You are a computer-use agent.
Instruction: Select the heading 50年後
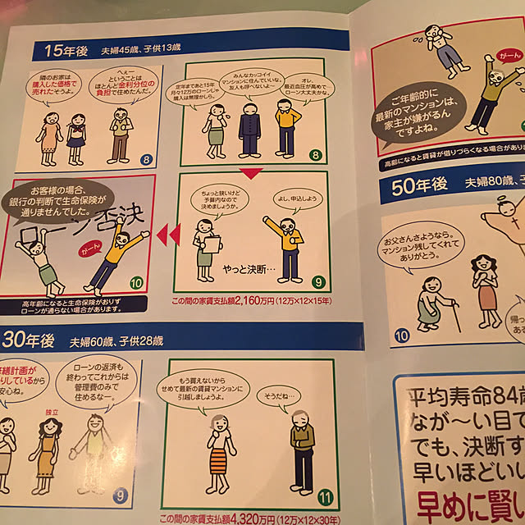(x=419, y=186)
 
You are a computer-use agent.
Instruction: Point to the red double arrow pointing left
(x=167, y=235)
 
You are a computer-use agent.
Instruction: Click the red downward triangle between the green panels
(x=252, y=171)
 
